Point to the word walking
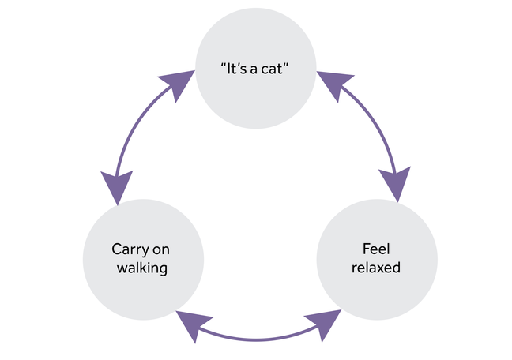tap(143, 268)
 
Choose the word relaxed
tap(375, 268)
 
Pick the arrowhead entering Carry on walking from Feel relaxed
tap(194, 324)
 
